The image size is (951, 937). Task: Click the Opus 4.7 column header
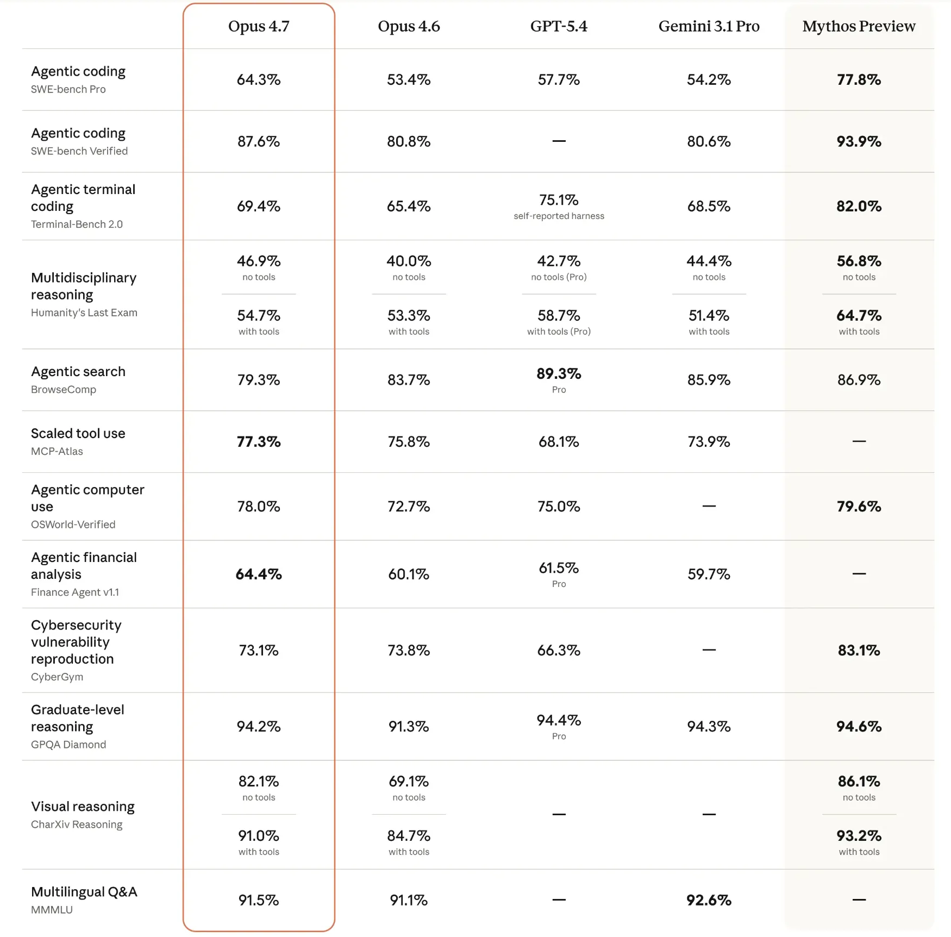pyautogui.click(x=259, y=26)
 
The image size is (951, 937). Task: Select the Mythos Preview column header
pyautogui.click(x=859, y=26)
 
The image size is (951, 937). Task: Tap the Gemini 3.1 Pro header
pyautogui.click(x=709, y=26)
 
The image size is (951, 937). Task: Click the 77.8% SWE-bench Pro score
pyautogui.click(x=859, y=80)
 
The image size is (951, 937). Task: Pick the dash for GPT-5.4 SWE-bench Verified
pyautogui.click(x=559, y=141)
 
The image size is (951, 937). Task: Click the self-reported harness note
pyautogui.click(x=559, y=216)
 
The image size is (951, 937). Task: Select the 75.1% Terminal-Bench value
pyautogui.click(x=559, y=200)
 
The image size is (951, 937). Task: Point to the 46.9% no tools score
pyautogui.click(x=259, y=261)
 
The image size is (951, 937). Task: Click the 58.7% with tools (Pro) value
pyautogui.click(x=559, y=316)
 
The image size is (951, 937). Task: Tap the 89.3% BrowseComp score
pyautogui.click(x=559, y=374)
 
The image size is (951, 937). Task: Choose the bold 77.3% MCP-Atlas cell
pyautogui.click(x=259, y=442)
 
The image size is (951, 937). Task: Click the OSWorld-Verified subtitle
pyautogui.click(x=73, y=524)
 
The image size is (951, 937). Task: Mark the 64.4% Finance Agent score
pyautogui.click(x=259, y=574)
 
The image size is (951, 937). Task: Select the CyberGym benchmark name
pyautogui.click(x=57, y=677)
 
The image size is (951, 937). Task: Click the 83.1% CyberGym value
pyautogui.click(x=859, y=651)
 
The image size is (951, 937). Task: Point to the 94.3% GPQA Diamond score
pyautogui.click(x=709, y=727)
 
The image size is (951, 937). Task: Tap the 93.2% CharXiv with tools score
pyautogui.click(x=859, y=836)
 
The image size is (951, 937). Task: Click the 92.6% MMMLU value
pyautogui.click(x=709, y=901)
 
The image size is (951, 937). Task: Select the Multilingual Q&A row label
pyautogui.click(x=84, y=892)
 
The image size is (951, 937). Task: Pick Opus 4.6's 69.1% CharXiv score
pyautogui.click(x=409, y=782)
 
